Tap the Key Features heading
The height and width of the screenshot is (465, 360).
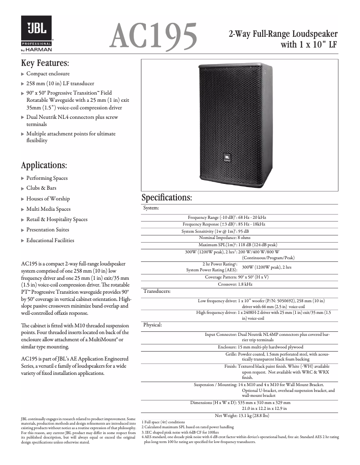pos(45,62)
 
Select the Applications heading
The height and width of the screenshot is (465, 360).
pos(44,165)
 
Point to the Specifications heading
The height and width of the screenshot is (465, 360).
pos(167,197)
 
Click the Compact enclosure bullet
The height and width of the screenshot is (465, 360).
pos(48,74)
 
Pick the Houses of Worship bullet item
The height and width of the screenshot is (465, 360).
pos(48,199)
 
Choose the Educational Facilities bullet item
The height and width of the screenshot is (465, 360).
pos(50,240)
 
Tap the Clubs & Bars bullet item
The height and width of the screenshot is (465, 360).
pos(41,188)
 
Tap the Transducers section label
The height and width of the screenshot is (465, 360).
pos(157,291)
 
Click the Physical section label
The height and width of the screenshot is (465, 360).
pos(152,324)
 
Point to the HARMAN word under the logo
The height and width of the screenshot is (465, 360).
pos(41,50)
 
